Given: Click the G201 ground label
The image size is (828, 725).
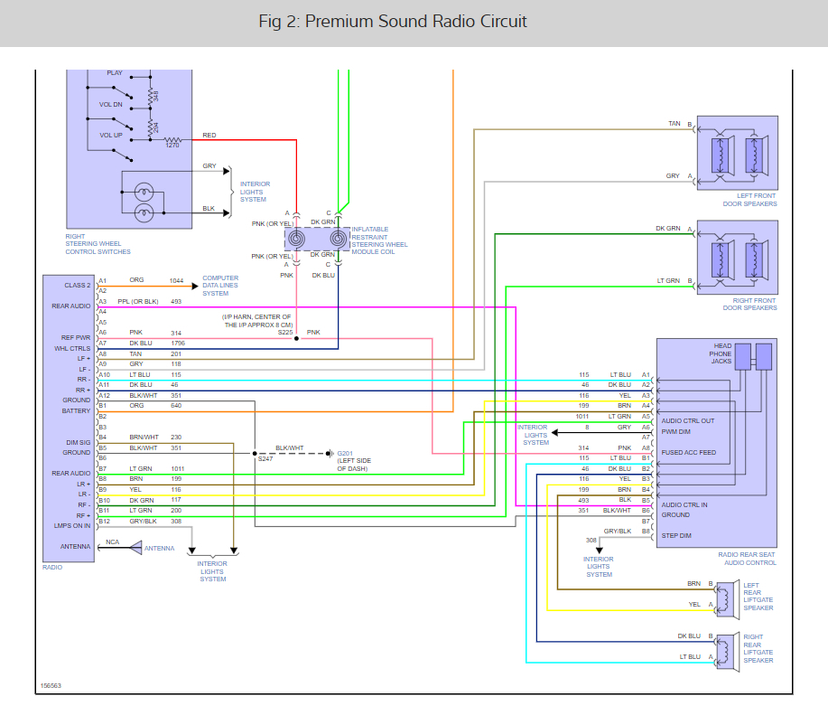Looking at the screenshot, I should pyautogui.click(x=346, y=453).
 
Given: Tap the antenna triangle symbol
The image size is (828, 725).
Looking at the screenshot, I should pyautogui.click(x=135, y=548).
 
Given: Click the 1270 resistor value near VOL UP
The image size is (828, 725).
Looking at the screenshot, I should pyautogui.click(x=172, y=145).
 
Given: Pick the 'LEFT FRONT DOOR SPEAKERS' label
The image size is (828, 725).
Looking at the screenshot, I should pyautogui.click(x=749, y=200).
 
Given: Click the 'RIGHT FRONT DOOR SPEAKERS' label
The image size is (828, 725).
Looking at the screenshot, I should pyautogui.click(x=749, y=303).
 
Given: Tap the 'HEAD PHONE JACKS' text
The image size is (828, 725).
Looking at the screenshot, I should pyautogui.click(x=721, y=353).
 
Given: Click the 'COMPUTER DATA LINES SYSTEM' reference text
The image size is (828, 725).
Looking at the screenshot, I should pyautogui.click(x=220, y=286).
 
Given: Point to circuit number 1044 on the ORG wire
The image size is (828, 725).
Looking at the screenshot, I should pyautogui.click(x=176, y=280).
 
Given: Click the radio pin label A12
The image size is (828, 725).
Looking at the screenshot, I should pyautogui.click(x=104, y=395).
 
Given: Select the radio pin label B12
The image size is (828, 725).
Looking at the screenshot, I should pyautogui.click(x=104, y=521).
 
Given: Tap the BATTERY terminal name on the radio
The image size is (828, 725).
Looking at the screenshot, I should pyautogui.click(x=76, y=411).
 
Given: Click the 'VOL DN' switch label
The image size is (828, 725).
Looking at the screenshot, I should pyautogui.click(x=110, y=104).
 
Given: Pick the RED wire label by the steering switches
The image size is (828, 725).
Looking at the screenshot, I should pyautogui.click(x=209, y=136).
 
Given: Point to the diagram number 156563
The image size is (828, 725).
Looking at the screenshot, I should pyautogui.click(x=51, y=685).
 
